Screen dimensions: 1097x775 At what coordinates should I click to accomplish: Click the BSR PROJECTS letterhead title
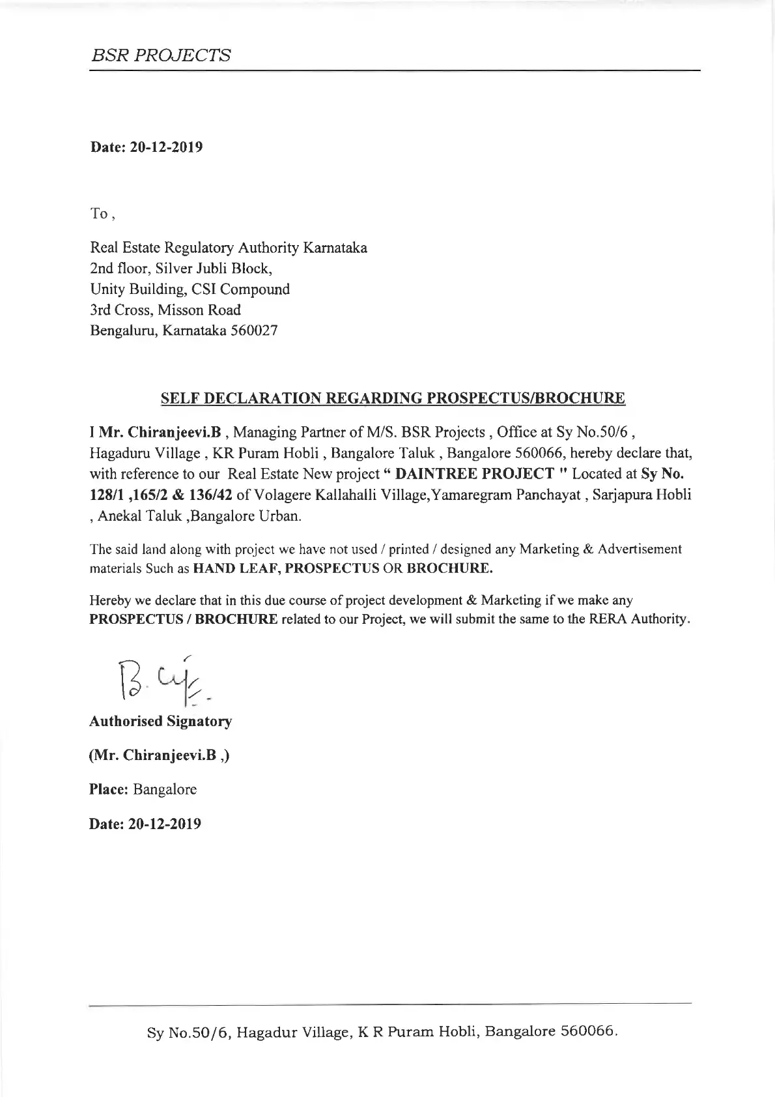tap(160, 55)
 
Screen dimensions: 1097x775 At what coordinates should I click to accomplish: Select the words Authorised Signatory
tap(160, 722)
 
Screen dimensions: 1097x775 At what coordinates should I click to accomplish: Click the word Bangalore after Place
tap(165, 789)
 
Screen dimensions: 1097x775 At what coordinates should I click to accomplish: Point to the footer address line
tap(382, 1049)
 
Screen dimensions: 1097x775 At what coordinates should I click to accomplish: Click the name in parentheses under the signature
tap(159, 755)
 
